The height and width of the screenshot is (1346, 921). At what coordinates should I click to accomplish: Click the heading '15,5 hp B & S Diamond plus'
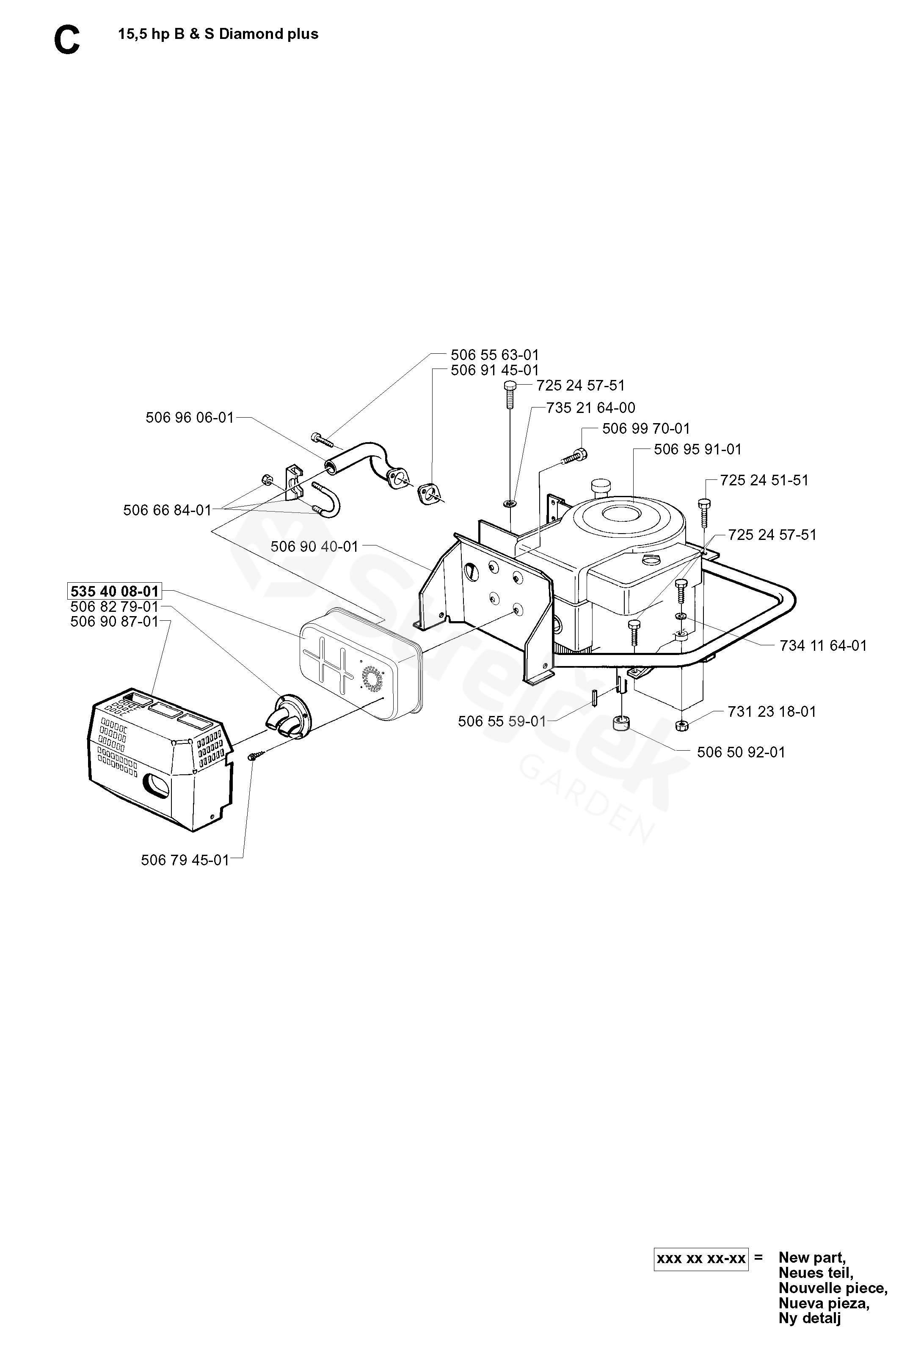coord(218,34)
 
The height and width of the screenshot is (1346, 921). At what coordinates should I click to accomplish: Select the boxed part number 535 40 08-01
coord(114,591)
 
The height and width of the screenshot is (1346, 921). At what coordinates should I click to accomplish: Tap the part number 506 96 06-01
coord(190,417)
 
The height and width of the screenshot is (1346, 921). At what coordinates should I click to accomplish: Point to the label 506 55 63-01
coord(495,355)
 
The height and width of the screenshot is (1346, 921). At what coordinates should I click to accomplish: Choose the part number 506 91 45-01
coord(495,370)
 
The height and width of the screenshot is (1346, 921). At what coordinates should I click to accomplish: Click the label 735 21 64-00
coord(591,408)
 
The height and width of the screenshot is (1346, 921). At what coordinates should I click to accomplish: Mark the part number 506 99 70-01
coord(646,429)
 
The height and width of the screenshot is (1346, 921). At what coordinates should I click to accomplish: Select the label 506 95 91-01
coord(698,449)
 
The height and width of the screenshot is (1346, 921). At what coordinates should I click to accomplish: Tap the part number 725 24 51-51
coord(764,480)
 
